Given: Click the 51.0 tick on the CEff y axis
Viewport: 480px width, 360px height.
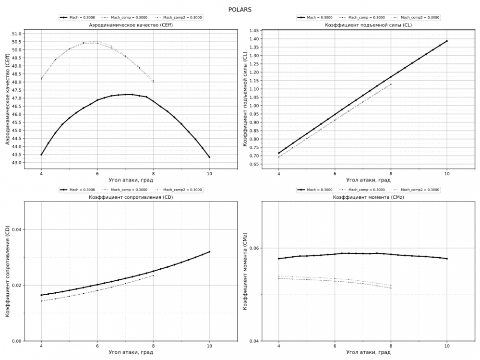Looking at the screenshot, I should [x=16, y=34].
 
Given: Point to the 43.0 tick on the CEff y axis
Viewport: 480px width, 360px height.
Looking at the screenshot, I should [x=16, y=163].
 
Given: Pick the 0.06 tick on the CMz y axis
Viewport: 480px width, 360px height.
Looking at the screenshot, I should [x=254, y=248].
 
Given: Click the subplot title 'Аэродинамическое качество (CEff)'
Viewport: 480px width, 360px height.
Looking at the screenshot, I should [x=131, y=25].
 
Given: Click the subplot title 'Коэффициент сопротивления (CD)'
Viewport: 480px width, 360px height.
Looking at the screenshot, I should [x=131, y=197].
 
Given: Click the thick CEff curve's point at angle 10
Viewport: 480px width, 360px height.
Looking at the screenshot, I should [x=209, y=157].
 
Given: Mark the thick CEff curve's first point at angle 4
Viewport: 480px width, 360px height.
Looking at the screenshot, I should [x=41, y=155].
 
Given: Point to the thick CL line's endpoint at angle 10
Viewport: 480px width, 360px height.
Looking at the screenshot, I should [x=447, y=41].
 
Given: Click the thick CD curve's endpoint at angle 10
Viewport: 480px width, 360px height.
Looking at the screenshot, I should [x=209, y=252].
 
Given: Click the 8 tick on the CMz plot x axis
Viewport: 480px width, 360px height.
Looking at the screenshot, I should [x=391, y=346].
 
